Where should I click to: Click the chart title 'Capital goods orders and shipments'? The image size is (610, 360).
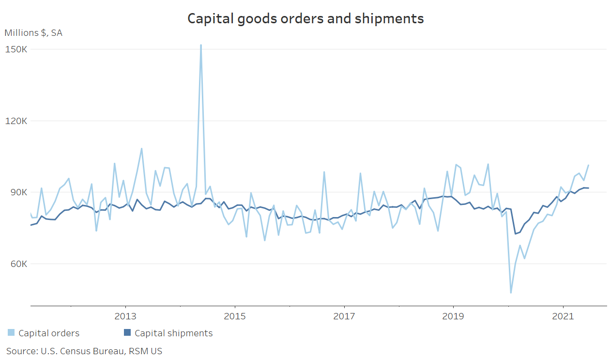305,18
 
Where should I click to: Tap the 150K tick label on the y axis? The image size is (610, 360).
16,49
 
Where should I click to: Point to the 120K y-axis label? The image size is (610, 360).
16,121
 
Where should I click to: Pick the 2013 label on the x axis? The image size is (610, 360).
126,316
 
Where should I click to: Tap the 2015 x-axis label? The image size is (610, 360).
235,316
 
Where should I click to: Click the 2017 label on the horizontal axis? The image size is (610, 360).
344,316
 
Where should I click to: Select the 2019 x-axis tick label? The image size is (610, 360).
453,316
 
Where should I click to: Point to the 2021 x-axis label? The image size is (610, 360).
563,316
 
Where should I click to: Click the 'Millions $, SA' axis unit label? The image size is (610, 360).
33,33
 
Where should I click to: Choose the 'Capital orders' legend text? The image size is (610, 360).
49,333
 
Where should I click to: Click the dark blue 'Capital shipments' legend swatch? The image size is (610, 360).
127,333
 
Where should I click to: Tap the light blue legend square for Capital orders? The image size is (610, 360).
11,333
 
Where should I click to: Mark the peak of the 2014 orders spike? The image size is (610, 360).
201,45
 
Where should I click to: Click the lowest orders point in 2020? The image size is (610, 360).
511,293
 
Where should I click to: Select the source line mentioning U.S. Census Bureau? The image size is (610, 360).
84,351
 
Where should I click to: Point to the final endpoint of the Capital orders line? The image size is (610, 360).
588,165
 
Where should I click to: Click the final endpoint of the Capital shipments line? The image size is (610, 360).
588,188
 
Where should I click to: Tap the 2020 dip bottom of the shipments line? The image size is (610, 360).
516,234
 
